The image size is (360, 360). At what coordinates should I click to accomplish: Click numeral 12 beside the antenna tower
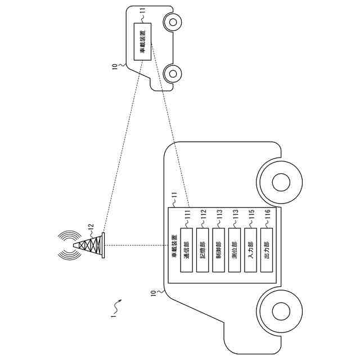[91, 227]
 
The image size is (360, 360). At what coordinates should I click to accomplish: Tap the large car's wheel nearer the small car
[280, 182]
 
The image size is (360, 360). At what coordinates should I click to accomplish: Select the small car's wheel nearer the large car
[173, 73]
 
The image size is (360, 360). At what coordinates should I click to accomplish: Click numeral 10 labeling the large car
[154, 293]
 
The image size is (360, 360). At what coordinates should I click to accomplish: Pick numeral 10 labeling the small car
[115, 66]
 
